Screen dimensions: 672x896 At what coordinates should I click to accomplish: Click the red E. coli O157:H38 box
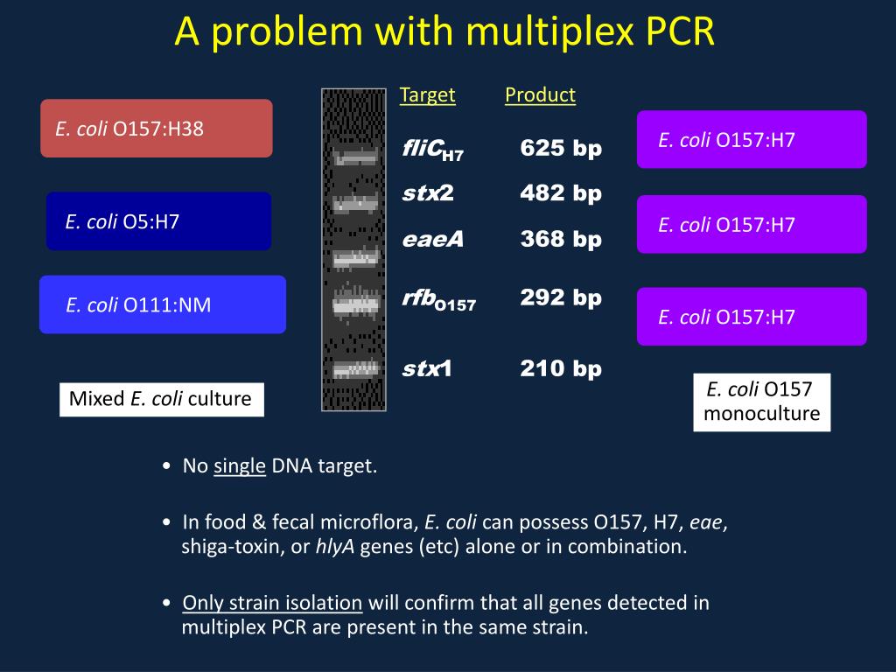[157, 129]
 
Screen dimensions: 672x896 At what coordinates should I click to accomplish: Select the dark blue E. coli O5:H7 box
[158, 221]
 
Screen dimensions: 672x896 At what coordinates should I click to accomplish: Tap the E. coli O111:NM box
[163, 304]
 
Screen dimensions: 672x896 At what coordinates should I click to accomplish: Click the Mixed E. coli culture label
[161, 399]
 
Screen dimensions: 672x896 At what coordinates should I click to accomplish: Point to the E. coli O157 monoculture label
[761, 402]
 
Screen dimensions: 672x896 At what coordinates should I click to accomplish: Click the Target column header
[427, 95]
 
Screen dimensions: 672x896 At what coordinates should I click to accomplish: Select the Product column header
[540, 95]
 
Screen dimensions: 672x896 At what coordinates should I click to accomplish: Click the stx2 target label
[428, 192]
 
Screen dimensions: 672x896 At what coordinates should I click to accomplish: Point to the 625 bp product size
[561, 148]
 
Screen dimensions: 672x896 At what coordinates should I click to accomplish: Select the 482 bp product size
[561, 192]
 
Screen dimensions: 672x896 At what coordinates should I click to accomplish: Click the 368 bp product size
[561, 239]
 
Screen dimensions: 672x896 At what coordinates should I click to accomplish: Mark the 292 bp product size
[561, 297]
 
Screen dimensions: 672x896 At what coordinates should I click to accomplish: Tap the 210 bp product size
[561, 368]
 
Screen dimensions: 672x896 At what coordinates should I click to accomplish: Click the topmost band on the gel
[354, 158]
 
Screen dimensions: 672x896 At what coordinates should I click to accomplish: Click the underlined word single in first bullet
[240, 465]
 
